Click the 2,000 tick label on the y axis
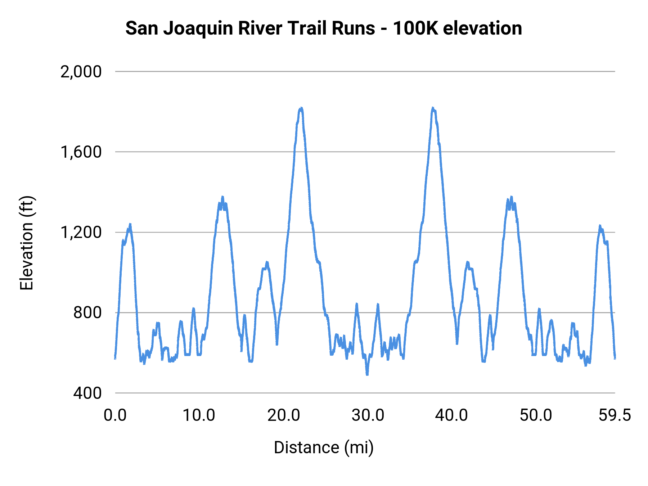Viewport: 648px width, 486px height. (x=81, y=72)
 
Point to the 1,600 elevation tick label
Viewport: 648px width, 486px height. (x=81, y=152)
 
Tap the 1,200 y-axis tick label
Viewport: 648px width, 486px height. (x=81, y=232)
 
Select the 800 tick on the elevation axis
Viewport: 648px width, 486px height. (x=87, y=312)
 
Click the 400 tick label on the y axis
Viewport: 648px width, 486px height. (x=87, y=393)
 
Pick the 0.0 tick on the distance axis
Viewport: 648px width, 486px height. (x=115, y=415)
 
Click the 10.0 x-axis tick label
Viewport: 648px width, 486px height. (x=199, y=415)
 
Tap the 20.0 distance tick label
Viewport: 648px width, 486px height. (x=283, y=415)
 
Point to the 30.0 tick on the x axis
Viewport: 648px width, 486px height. (x=368, y=415)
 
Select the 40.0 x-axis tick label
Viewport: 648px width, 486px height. (x=451, y=415)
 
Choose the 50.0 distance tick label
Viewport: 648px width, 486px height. (x=536, y=415)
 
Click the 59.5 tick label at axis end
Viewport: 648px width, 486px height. (x=615, y=415)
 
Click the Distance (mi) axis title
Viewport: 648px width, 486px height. (x=324, y=447)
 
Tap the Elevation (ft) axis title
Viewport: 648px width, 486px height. (x=26, y=243)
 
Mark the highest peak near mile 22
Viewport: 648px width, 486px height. (x=301, y=108)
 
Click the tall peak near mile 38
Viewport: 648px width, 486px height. (x=433, y=108)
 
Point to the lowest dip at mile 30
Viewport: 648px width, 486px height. (x=367, y=374)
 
